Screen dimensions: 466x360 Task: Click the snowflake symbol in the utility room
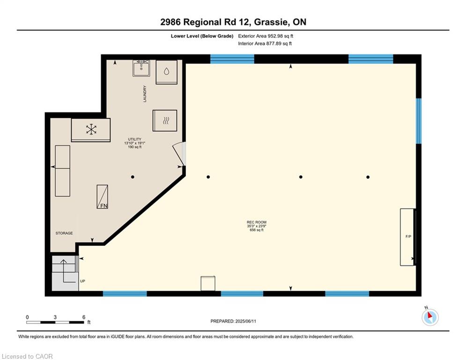point(91,129)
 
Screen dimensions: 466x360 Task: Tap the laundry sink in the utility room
point(141,68)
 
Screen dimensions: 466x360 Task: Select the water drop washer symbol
point(166,71)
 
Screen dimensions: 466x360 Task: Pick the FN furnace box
point(102,197)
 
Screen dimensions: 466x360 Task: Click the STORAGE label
point(64,233)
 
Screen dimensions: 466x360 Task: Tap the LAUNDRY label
point(145,94)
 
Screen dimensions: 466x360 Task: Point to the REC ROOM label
point(257,222)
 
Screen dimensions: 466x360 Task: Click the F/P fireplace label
point(408,237)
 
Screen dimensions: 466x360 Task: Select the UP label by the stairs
point(82,281)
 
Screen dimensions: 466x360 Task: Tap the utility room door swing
point(179,154)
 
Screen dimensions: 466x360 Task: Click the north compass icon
point(430,317)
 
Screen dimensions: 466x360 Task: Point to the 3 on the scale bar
point(55,317)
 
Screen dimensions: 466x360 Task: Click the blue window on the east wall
point(418,121)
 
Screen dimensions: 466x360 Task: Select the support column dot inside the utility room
point(133,177)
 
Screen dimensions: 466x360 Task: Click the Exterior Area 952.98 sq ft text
point(266,36)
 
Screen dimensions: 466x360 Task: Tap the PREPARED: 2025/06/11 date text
point(233,321)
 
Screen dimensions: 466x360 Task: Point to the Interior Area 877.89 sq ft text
point(265,44)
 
